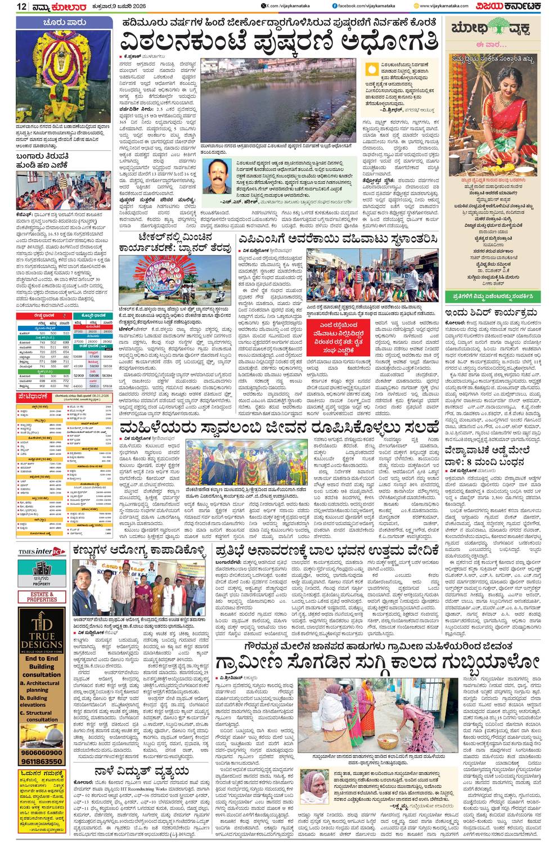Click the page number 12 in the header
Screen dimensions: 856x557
22,6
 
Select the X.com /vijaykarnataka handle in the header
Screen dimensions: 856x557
292,6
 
